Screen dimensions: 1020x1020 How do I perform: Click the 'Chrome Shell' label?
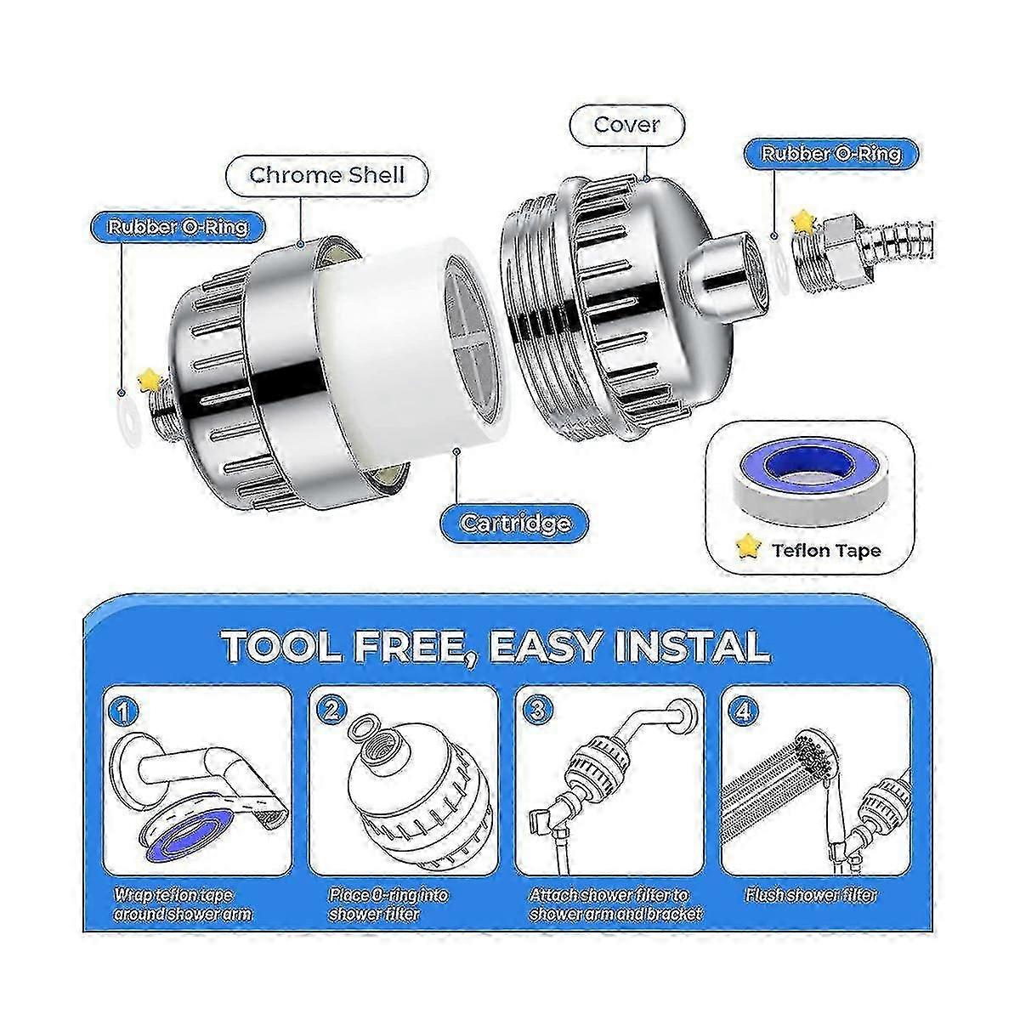tap(327, 175)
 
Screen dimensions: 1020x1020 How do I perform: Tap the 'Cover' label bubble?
tap(626, 126)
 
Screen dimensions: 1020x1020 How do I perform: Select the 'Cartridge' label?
tap(515, 523)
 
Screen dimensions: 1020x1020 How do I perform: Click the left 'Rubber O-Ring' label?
tap(178, 227)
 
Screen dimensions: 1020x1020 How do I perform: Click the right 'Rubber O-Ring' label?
tap(831, 154)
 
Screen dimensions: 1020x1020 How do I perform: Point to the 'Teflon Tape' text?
tap(826, 551)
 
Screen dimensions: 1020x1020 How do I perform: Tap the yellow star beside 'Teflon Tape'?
tap(749, 549)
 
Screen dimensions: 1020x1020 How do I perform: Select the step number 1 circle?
tap(122, 712)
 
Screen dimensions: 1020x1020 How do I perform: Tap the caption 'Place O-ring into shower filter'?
tap(388, 904)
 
